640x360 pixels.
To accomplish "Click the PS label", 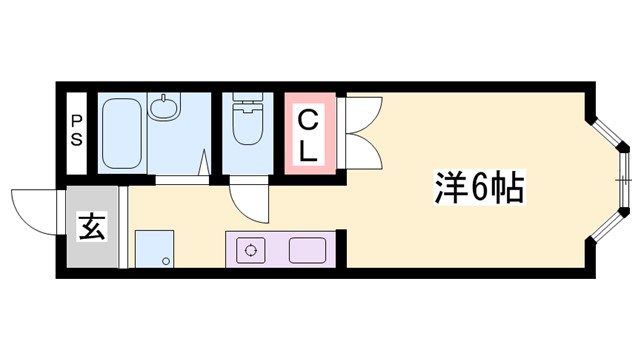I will click(76, 131).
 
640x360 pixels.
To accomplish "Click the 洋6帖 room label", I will click(480, 187).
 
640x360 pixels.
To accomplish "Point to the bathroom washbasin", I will click(164, 107).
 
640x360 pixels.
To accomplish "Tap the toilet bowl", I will click(244, 127).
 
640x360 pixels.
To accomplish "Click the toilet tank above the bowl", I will click(244, 100).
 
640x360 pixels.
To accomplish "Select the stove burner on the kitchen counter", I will click(250, 247).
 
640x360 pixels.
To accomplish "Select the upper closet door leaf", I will click(361, 112).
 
